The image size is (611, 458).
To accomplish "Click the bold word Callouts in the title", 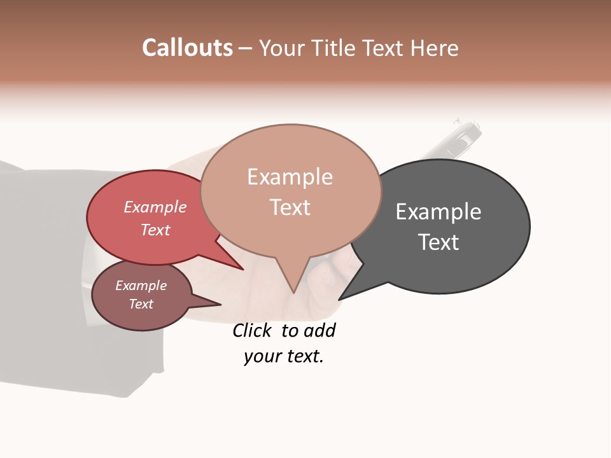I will [x=187, y=48].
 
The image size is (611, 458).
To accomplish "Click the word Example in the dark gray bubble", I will [x=439, y=212].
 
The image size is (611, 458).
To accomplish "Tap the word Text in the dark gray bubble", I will [x=439, y=242].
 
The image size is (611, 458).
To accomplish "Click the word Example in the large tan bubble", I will [x=290, y=177].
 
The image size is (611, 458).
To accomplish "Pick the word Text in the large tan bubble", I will [x=290, y=207].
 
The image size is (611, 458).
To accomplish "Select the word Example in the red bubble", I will [x=155, y=207].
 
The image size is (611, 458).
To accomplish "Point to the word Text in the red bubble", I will [x=155, y=230].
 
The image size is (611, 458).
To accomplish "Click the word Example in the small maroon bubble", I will [x=141, y=286].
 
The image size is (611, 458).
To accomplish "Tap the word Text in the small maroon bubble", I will [x=141, y=304].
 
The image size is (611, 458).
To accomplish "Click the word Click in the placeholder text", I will [x=252, y=331].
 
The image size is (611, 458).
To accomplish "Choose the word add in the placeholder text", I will [x=320, y=331].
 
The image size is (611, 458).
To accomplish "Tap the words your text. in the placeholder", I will [x=284, y=356].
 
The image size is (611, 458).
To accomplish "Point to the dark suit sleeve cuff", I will [x=127, y=363].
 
